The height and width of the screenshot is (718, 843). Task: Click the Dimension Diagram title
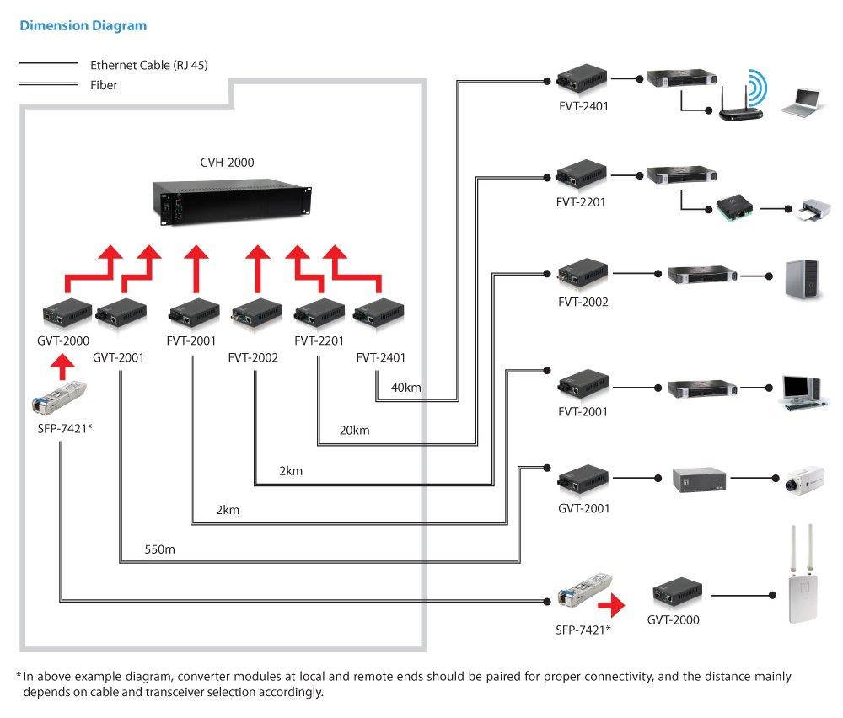(83, 26)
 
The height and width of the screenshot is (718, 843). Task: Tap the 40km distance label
(406, 388)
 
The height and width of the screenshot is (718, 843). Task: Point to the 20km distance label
(354, 431)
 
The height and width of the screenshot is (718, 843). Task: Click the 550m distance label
(160, 549)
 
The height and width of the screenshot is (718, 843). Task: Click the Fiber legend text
(104, 85)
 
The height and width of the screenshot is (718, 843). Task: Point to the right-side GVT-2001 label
(583, 508)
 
